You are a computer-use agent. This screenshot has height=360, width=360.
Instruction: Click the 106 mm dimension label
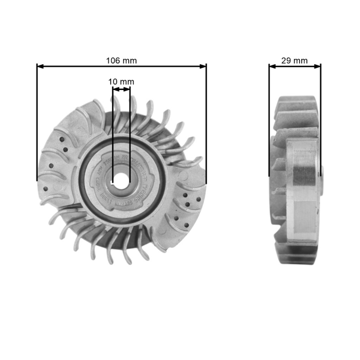[x=121, y=61]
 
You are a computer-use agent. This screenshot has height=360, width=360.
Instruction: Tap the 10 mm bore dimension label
[x=121, y=81]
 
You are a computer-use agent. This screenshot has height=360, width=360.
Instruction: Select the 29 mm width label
[x=295, y=61]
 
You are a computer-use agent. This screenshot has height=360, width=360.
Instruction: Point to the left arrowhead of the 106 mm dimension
[x=40, y=66]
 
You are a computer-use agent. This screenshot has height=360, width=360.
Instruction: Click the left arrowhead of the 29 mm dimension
[x=272, y=66]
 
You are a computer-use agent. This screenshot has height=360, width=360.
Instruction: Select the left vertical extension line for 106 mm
[x=37, y=120]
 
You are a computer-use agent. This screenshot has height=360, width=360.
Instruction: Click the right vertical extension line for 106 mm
[x=206, y=120]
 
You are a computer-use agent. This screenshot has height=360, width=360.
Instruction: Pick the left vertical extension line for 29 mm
[x=269, y=120]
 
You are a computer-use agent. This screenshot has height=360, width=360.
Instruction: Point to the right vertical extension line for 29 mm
[x=320, y=120]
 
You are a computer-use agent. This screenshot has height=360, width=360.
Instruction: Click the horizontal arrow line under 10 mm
[x=121, y=89]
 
